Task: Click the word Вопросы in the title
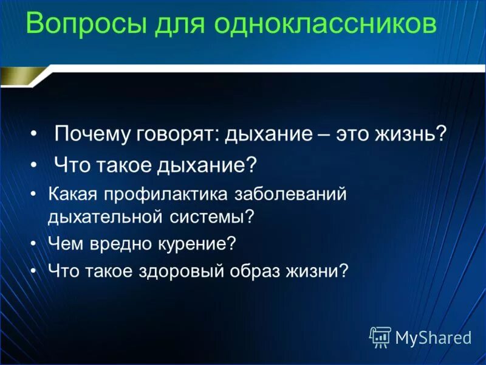click(83, 25)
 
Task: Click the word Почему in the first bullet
click(92, 133)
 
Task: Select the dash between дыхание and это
click(324, 133)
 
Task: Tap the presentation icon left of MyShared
click(380, 336)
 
